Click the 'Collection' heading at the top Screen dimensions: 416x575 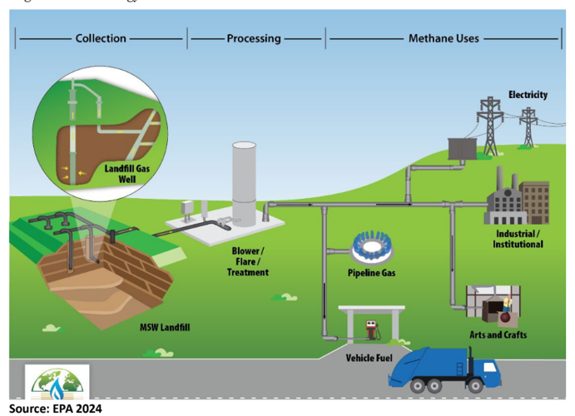(x=101, y=38)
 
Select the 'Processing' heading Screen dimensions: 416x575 (x=254, y=38)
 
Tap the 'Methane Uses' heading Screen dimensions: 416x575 (x=443, y=38)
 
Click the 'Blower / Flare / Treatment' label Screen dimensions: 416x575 (x=247, y=260)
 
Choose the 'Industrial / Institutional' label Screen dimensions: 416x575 (x=518, y=239)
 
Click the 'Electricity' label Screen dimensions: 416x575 (x=528, y=95)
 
